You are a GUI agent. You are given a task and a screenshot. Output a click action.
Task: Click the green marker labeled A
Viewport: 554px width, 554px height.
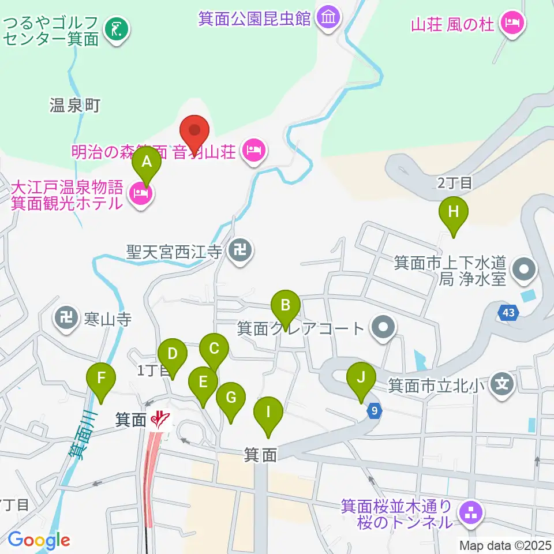pos(147,162)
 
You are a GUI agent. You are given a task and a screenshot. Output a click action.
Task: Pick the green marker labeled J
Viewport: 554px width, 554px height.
pos(361,379)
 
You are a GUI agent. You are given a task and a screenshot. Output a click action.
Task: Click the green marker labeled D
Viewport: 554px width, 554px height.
pos(172,354)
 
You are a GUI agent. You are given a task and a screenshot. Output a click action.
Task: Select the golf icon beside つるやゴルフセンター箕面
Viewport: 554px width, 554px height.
pos(117,28)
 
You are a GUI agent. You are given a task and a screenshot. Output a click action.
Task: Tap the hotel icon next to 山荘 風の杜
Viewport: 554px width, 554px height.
pos(512,24)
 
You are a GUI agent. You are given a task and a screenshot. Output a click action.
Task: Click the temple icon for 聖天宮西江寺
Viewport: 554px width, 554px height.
pos(239,251)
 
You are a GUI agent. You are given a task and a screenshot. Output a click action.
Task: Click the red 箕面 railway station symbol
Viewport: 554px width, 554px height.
pos(159,420)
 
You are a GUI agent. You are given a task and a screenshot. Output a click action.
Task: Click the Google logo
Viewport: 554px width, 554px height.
pos(39,540)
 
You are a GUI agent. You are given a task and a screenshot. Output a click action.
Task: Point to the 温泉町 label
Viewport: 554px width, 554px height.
pos(76,106)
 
